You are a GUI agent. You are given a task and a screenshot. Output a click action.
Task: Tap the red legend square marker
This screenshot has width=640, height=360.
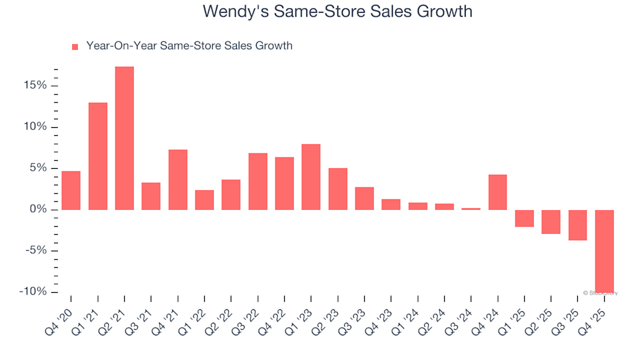pos(75,47)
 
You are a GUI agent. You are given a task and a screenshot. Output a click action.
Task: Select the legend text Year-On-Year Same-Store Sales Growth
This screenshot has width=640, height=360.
pos(189,46)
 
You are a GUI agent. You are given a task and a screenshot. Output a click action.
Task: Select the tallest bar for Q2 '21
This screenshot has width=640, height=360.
pos(124,138)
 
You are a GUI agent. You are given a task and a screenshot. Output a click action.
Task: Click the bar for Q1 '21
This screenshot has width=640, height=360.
pos(97,156)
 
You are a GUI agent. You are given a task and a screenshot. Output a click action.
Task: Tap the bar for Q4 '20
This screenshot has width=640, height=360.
pos(71,191)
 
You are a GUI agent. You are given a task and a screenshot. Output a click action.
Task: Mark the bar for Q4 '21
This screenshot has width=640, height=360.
pos(177,180)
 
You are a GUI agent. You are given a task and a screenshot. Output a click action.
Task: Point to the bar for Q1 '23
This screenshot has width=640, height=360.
pos(311,177)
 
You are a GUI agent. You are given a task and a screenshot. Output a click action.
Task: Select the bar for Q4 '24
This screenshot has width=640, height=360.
pos(497,192)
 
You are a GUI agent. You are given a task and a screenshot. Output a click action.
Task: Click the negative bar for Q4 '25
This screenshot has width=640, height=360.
pos(604,251)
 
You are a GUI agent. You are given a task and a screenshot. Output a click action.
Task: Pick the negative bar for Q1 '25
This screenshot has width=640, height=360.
pos(524,218)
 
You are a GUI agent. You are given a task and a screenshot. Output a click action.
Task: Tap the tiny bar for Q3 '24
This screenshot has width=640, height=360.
pos(471,209)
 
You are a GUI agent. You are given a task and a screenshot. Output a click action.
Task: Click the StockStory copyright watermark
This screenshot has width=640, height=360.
pos(600,293)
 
